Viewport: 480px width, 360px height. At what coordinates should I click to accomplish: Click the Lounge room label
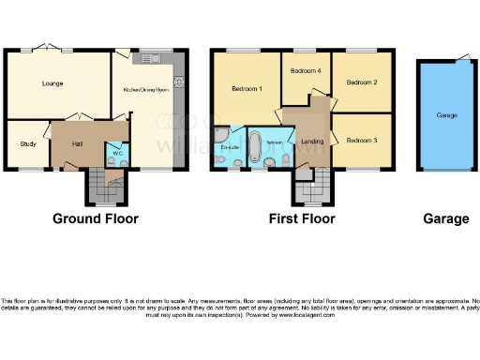tap(52, 83)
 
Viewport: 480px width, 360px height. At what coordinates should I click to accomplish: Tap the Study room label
tap(28, 143)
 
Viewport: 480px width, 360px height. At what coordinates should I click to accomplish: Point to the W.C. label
tap(119, 153)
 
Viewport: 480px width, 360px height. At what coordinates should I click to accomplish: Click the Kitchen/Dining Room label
tap(146, 90)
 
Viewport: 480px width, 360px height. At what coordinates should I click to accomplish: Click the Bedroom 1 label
tap(247, 88)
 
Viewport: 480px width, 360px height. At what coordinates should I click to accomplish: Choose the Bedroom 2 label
tap(361, 82)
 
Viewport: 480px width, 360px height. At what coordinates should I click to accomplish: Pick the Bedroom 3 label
tap(361, 140)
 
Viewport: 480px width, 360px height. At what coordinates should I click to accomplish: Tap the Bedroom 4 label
tap(305, 71)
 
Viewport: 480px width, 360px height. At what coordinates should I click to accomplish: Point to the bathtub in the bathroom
tap(255, 144)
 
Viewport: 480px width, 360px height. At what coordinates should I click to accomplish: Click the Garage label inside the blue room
tap(446, 113)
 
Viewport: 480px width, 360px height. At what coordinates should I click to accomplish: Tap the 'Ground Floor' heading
tap(95, 218)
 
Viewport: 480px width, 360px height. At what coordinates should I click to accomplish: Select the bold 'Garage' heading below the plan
tap(446, 218)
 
